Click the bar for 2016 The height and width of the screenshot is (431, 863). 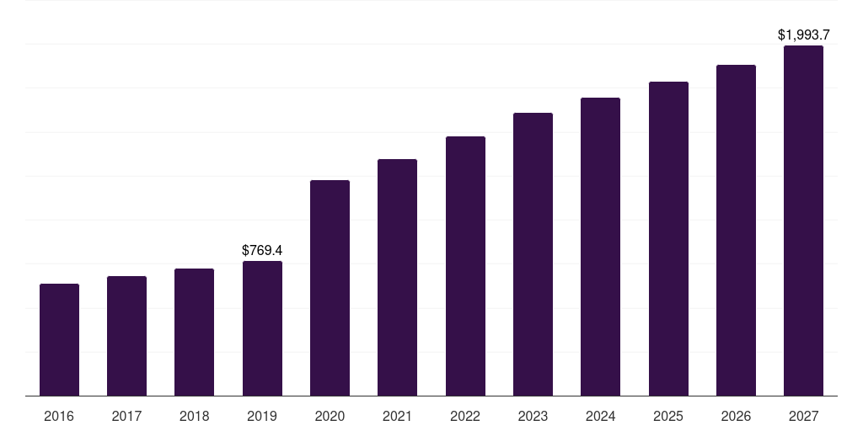click(x=59, y=340)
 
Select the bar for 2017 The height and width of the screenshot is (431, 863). click(x=126, y=336)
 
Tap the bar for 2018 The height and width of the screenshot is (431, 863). click(x=194, y=333)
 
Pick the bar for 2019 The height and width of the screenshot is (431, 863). click(x=262, y=328)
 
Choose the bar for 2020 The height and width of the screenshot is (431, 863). click(x=330, y=288)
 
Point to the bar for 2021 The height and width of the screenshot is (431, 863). click(x=397, y=278)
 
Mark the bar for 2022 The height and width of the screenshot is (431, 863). click(x=465, y=266)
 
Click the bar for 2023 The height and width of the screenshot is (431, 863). click(x=533, y=254)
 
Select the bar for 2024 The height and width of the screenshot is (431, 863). click(x=600, y=247)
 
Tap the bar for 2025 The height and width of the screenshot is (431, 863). click(x=668, y=239)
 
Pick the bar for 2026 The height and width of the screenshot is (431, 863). click(x=736, y=231)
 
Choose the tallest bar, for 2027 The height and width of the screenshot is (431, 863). click(x=803, y=221)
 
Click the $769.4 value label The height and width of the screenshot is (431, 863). click(x=262, y=250)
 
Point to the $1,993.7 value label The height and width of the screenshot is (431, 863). click(x=803, y=35)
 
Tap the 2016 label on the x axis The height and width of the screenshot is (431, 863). click(x=59, y=416)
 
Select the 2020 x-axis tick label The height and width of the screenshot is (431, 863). click(x=330, y=416)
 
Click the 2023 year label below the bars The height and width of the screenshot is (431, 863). click(x=533, y=416)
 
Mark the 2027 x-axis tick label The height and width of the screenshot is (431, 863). click(x=803, y=416)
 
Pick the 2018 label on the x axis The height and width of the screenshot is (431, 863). click(x=194, y=416)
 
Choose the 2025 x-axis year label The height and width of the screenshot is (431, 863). click(x=668, y=416)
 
